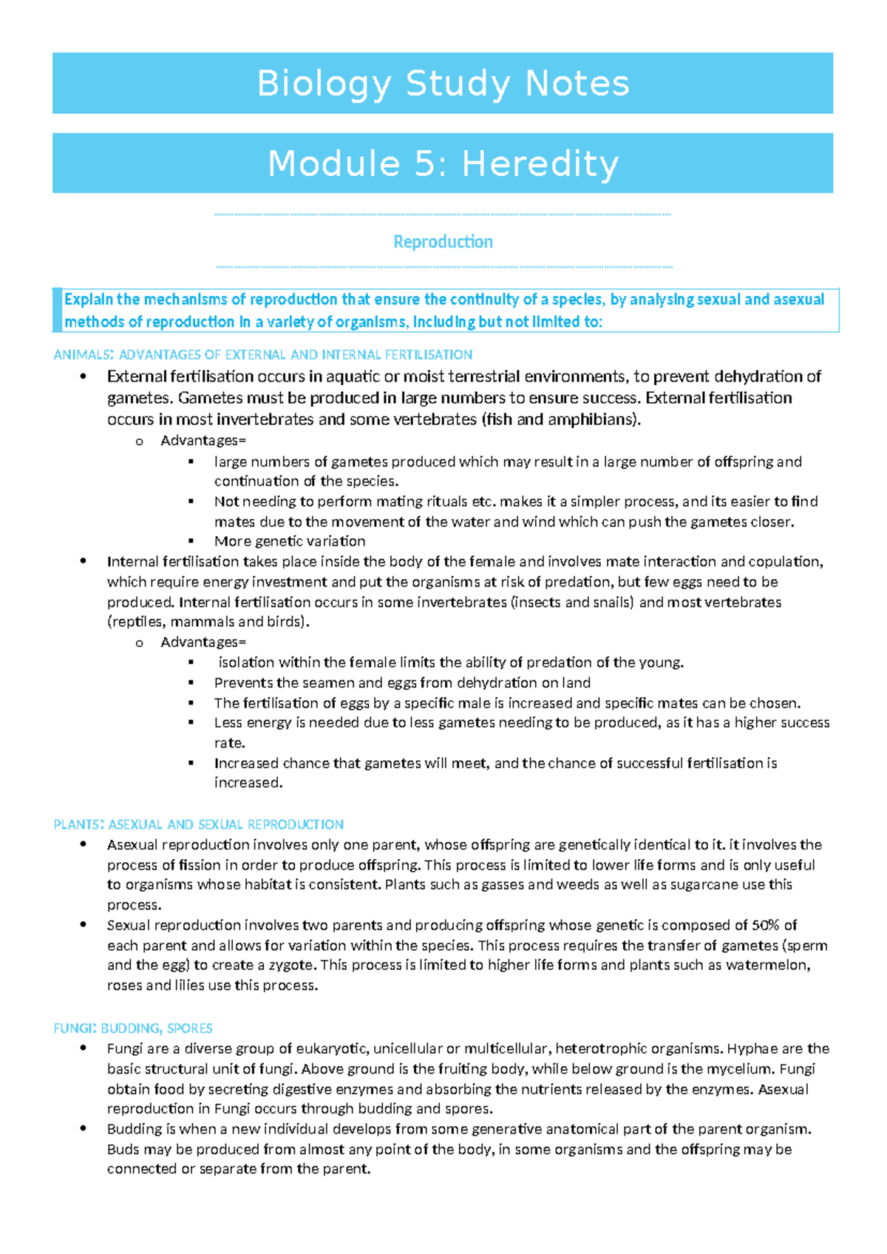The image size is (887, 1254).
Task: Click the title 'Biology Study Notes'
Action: coord(443,83)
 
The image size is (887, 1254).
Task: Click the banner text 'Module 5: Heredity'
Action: coord(443,163)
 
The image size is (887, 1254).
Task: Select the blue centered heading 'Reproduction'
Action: coord(443,242)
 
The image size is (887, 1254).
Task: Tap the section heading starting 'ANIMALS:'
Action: coord(262,355)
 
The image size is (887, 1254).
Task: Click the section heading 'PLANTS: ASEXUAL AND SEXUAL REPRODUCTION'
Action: coord(198,824)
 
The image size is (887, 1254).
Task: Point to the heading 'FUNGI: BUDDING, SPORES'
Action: coord(132,1028)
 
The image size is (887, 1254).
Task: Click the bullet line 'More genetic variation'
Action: coord(289,541)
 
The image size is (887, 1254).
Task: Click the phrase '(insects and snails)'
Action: coord(572,602)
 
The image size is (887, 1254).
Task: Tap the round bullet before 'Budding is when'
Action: coord(84,1129)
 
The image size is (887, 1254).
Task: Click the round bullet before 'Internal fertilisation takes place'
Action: coord(84,561)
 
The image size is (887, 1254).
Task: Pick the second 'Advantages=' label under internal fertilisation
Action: coord(203,642)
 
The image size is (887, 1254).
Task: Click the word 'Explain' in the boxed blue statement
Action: coord(88,299)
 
